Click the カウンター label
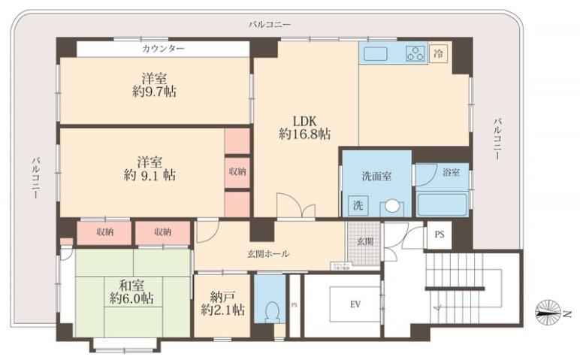click(163, 48)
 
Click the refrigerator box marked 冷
click(439, 53)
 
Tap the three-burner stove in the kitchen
click(415, 53)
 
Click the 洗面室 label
click(376, 177)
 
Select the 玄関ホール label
click(267, 254)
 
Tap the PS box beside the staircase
click(438, 234)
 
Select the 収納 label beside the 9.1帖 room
click(237, 171)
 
